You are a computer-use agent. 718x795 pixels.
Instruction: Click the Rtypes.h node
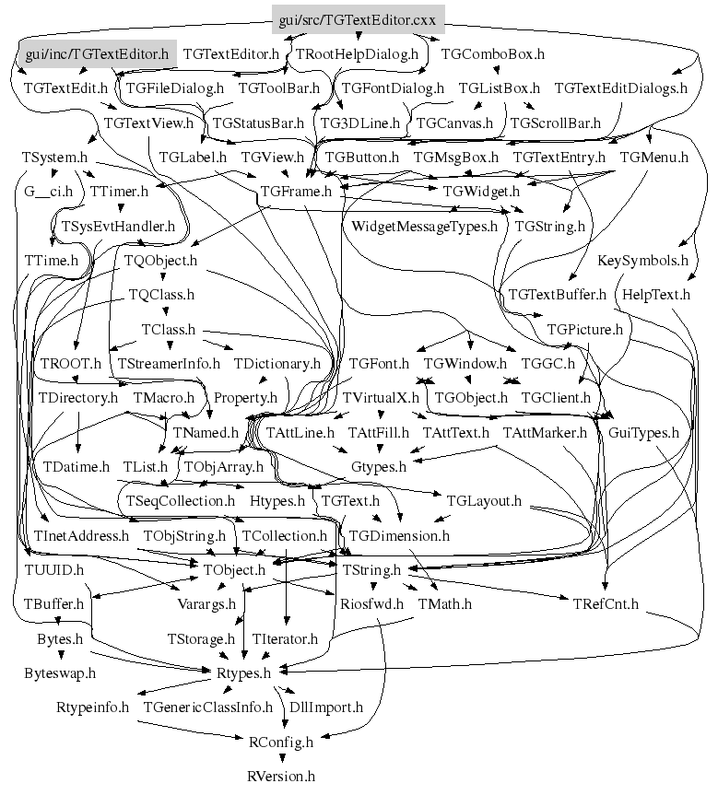242,673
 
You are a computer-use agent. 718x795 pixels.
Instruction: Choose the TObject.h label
233,571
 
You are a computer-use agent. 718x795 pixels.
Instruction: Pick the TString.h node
371,571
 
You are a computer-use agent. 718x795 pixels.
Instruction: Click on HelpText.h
656,295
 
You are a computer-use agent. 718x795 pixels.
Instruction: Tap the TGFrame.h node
297,192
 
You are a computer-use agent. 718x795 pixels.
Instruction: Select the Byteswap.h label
60,673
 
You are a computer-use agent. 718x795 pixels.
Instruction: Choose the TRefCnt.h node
606,605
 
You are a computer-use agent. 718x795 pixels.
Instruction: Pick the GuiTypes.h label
643,432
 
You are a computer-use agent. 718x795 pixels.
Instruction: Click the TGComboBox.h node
493,54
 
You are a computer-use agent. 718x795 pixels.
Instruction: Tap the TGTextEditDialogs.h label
621,88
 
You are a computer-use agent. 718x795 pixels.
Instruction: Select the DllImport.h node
326,707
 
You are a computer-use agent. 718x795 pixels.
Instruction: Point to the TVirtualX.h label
381,398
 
